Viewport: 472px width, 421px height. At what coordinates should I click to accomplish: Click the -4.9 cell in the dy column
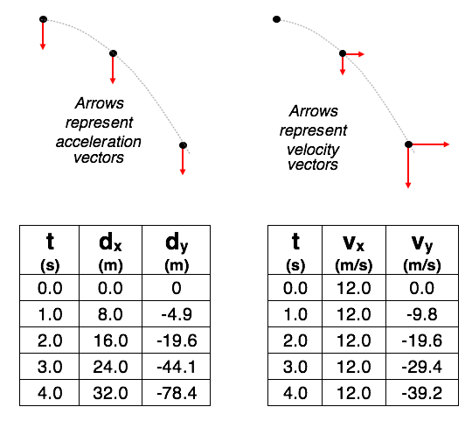point(177,314)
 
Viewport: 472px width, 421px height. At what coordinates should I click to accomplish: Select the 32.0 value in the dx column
point(110,393)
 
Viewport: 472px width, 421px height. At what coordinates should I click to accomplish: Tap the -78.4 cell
point(177,393)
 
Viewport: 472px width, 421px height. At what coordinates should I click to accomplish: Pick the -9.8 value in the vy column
point(421,314)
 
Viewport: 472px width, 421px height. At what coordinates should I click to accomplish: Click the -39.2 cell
point(421,393)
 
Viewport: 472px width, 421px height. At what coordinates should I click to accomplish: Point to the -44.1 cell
point(177,367)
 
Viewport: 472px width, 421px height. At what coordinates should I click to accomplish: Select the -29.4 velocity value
point(421,367)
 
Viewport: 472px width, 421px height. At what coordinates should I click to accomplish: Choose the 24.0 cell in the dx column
point(110,367)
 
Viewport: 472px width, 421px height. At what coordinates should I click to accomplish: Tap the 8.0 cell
point(110,314)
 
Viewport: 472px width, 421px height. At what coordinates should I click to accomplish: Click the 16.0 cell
point(110,340)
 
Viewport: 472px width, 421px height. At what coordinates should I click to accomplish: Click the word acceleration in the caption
point(99,142)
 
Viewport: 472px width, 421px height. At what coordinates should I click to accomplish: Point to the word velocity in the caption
point(313,150)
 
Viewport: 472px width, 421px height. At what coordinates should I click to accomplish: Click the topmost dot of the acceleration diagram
point(43,19)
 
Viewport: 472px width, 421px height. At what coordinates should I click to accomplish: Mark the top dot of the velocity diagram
point(276,19)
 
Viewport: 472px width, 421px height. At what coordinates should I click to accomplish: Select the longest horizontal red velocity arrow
point(429,144)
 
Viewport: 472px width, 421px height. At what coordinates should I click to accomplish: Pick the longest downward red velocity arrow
point(408,166)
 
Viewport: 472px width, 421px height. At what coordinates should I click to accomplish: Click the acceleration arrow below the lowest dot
point(183,161)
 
